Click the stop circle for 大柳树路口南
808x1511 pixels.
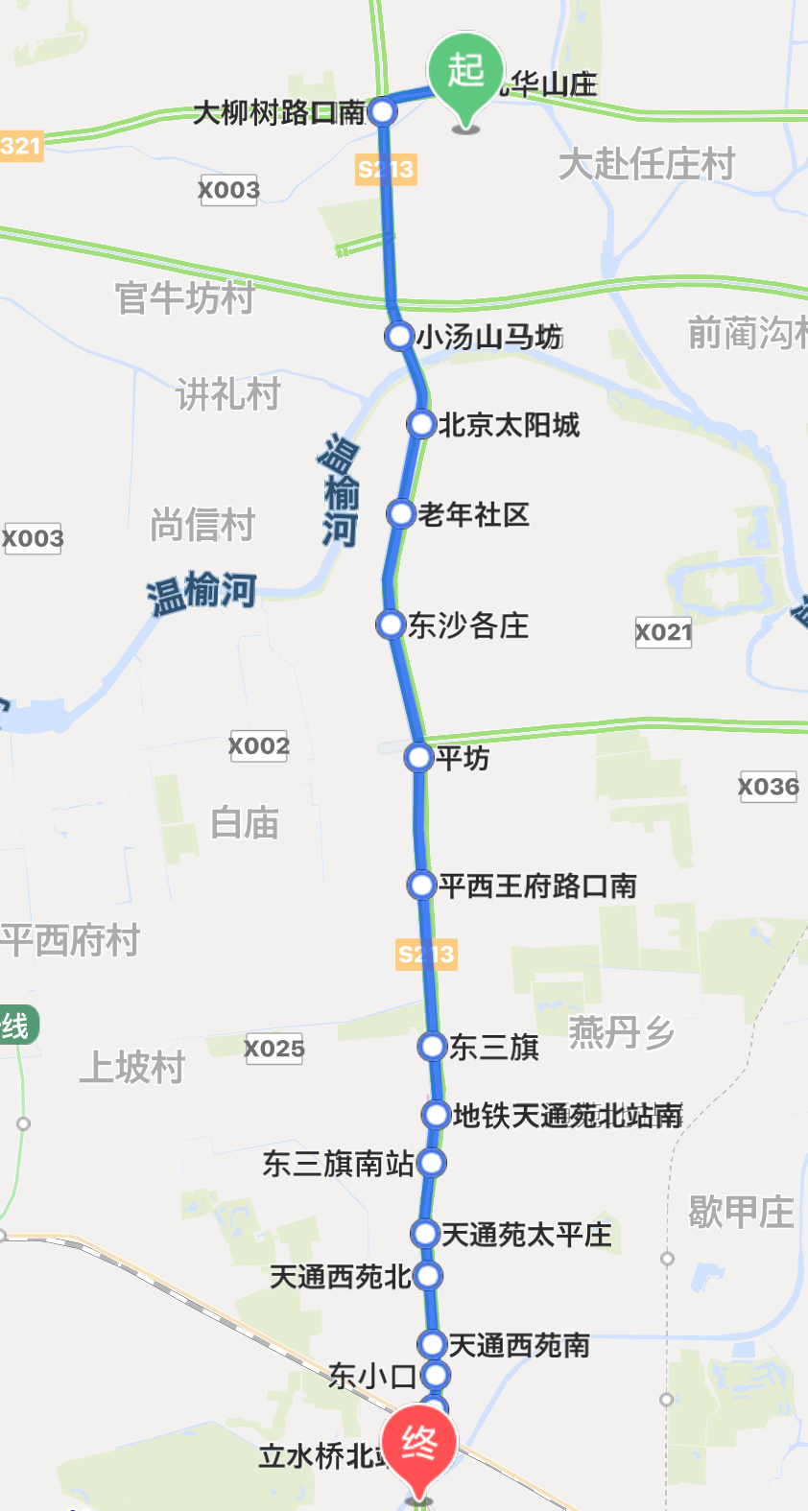[383, 112]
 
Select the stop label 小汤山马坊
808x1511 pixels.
[488, 337]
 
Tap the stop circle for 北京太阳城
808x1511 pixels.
[421, 424]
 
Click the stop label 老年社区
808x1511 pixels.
[473, 514]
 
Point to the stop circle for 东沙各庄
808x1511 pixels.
[391, 626]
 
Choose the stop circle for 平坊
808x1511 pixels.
[418, 758]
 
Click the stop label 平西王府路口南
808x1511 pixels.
[537, 885]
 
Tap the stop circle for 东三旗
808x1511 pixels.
[433, 1047]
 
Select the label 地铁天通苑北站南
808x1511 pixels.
[567, 1116]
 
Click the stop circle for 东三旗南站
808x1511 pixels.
[432, 1164]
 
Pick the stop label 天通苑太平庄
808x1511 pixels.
[526, 1235]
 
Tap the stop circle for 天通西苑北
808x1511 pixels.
[428, 1276]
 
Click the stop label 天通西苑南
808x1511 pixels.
[519, 1346]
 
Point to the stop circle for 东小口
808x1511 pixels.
[436, 1376]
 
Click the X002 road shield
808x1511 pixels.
[259, 745]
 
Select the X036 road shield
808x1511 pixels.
[768, 787]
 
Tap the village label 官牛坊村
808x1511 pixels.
[184, 297]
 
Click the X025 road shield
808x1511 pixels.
[273, 1049]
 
